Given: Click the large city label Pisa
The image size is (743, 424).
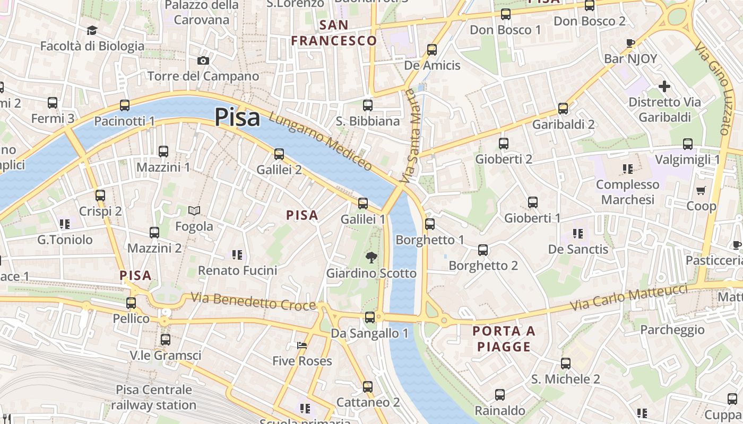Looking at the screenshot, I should coord(237,118).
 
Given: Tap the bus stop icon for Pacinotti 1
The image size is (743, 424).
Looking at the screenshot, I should coord(125,105).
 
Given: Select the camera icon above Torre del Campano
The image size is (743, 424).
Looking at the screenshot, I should coord(203,61).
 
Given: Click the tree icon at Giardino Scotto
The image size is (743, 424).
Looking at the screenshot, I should coord(371,258).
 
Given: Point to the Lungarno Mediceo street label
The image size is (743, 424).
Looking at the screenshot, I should coord(320,142).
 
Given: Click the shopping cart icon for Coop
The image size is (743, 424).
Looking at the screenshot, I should coord(701,190).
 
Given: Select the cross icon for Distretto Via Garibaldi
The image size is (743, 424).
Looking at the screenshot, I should coord(664,86).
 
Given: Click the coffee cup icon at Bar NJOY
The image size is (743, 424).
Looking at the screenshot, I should coord(630,43).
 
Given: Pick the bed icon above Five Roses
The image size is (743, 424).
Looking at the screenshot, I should coord(302,346).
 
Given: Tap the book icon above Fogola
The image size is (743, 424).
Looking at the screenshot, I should coord(194,211).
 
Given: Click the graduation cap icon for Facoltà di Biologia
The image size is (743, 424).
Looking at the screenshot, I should coord(92,30).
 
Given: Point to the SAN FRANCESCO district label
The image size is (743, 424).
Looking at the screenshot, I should coord(334,33).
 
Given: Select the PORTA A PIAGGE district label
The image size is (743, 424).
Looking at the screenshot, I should coord(504,339).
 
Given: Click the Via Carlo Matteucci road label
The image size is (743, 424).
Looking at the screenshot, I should coord(629,298).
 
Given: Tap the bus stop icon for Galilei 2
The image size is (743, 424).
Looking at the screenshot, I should coord(279,154).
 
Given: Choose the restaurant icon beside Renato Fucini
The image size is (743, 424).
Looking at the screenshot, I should coord(237,255).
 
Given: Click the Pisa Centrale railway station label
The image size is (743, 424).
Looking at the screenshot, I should coord(154,397).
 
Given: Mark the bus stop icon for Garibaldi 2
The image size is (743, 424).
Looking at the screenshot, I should coord(563,109).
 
